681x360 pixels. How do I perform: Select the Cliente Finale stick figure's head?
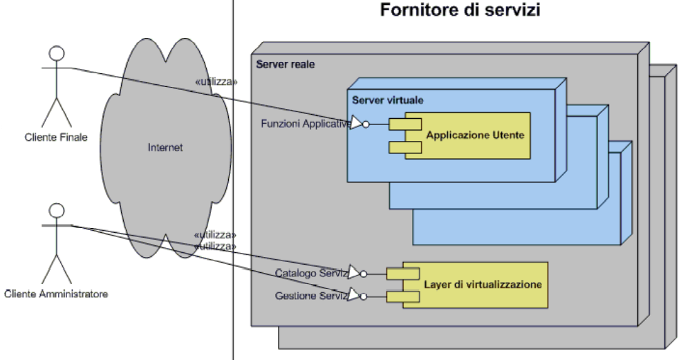(x=57, y=53)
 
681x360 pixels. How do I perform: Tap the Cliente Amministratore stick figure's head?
(x=57, y=211)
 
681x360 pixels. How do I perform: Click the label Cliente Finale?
(x=56, y=137)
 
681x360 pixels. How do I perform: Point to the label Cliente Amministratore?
(x=56, y=294)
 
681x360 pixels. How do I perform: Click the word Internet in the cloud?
(x=165, y=147)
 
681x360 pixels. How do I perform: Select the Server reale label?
(x=285, y=64)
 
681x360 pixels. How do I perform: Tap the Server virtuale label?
(x=387, y=100)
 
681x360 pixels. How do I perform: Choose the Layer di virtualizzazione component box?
(x=482, y=284)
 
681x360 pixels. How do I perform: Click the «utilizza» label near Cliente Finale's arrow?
(x=216, y=82)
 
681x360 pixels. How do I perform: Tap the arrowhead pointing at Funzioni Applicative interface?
(x=356, y=124)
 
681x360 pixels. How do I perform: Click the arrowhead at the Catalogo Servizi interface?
(x=354, y=272)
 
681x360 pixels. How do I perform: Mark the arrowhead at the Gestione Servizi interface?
(x=354, y=296)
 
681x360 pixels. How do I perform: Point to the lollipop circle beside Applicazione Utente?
(x=366, y=125)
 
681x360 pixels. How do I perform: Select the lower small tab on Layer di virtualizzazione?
(x=398, y=296)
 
